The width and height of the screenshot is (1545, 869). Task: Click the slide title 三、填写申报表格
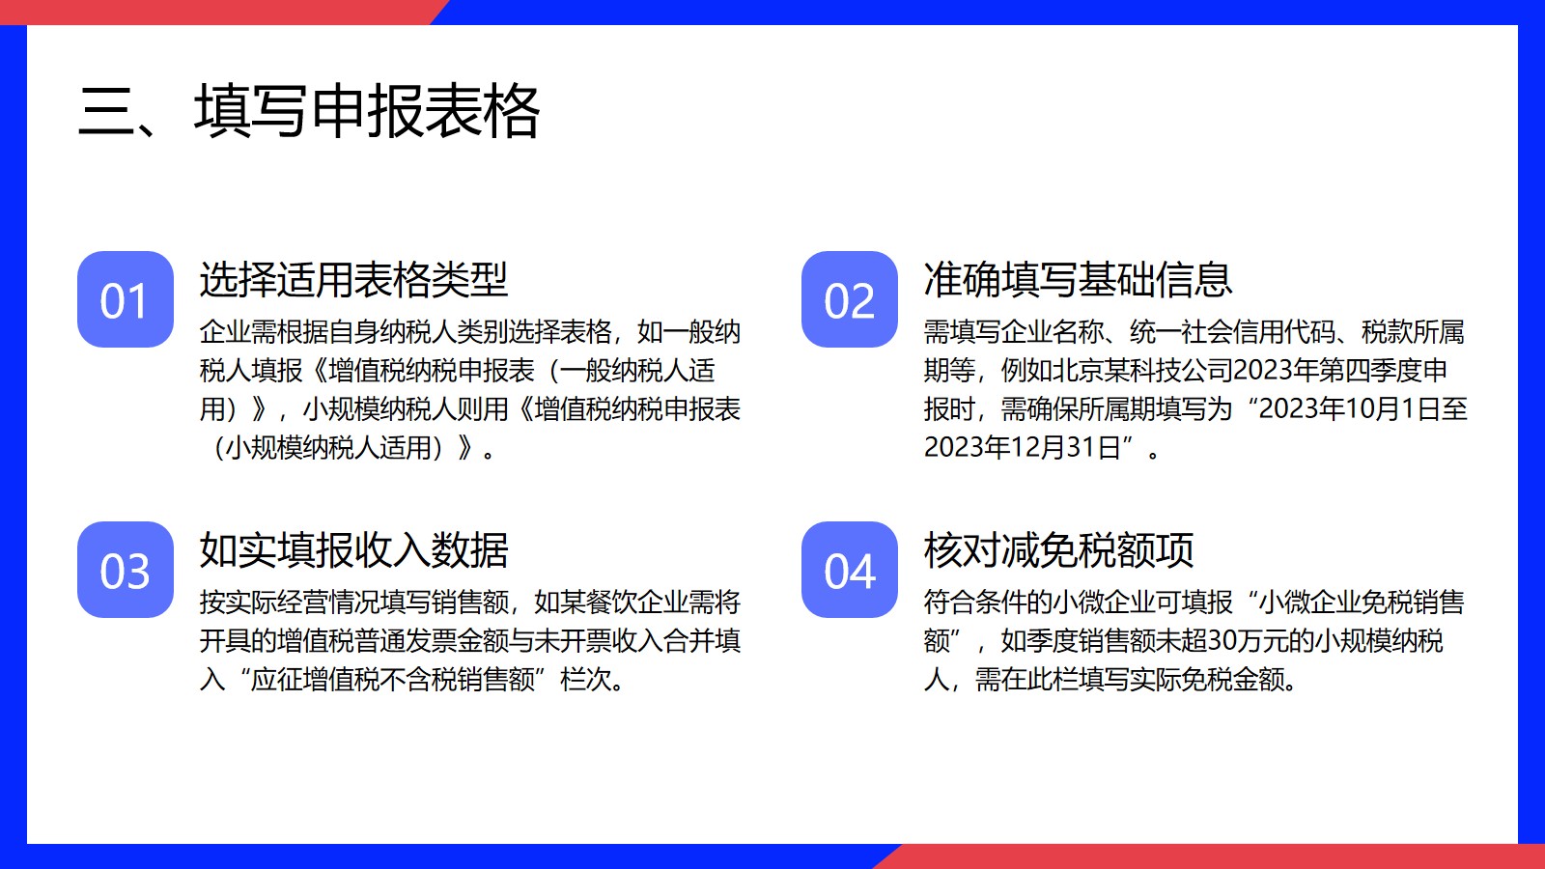[x=308, y=111]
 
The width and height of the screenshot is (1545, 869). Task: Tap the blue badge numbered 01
[x=125, y=299]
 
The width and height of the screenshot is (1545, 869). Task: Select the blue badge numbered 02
[x=849, y=299]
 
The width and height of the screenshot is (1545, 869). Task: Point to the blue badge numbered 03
[x=125, y=570]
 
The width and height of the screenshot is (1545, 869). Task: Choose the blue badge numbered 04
[x=849, y=570]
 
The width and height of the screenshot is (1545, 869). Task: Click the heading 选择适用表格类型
[x=353, y=280]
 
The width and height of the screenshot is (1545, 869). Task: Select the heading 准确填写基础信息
[x=1078, y=280]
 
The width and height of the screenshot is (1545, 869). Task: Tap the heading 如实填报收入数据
[x=353, y=550]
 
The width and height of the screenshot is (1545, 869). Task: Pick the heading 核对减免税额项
[x=1058, y=550]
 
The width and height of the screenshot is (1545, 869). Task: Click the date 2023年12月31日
[x=1023, y=448]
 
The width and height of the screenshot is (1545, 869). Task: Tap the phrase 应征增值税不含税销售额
[x=392, y=680]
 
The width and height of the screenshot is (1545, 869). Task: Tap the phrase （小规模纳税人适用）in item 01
[x=329, y=448]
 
